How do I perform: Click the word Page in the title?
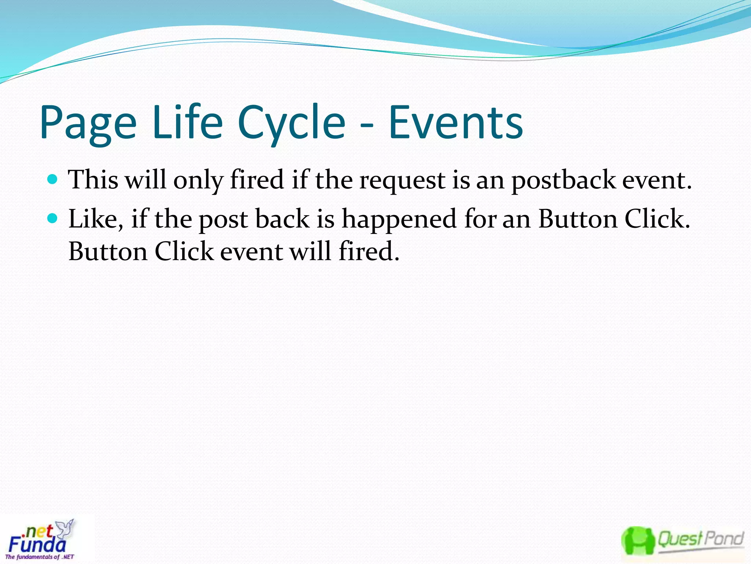pyautogui.click(x=88, y=123)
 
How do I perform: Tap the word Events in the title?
pyautogui.click(x=455, y=123)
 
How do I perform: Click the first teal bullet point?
pyautogui.click(x=53, y=179)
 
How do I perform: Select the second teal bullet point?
pyautogui.click(x=53, y=218)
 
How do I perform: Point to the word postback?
pyautogui.click(x=564, y=181)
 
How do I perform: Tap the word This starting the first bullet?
pyautogui.click(x=94, y=180)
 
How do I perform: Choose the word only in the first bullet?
pyautogui.click(x=198, y=181)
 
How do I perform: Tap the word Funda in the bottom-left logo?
pyautogui.click(x=37, y=545)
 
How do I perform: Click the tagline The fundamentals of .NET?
pyautogui.click(x=40, y=557)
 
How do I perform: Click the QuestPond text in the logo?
pyautogui.click(x=700, y=539)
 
